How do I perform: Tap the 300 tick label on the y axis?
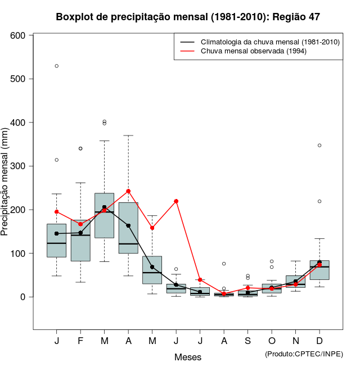tap(19, 166)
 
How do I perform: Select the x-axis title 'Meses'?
tap(188, 357)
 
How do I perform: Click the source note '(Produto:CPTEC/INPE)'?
tap(304, 354)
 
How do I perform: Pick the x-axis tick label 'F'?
tap(80, 341)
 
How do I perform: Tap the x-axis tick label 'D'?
tap(319, 341)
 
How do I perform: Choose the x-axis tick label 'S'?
tap(247, 341)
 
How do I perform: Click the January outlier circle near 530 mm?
tap(57, 66)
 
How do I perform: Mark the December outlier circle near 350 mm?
tap(319, 145)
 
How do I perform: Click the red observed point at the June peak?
tap(176, 201)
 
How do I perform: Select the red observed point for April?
tap(128, 191)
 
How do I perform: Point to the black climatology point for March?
tap(105, 207)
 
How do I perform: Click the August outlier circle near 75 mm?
tap(224, 264)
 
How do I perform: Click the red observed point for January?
tap(57, 212)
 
